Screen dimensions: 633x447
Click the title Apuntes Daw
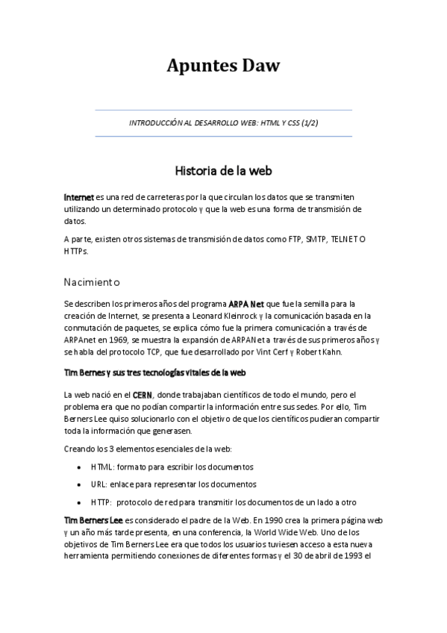pyautogui.click(x=223, y=66)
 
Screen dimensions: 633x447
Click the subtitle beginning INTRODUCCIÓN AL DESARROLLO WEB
pyautogui.click(x=223, y=122)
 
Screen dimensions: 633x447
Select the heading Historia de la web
pyautogui.click(x=223, y=170)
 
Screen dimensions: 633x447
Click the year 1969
pyautogui.click(x=116, y=339)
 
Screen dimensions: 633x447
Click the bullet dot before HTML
pyautogui.click(x=80, y=467)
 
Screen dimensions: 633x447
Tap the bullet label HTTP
pyautogui.click(x=101, y=502)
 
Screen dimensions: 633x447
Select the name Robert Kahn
pyautogui.click(x=329, y=351)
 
